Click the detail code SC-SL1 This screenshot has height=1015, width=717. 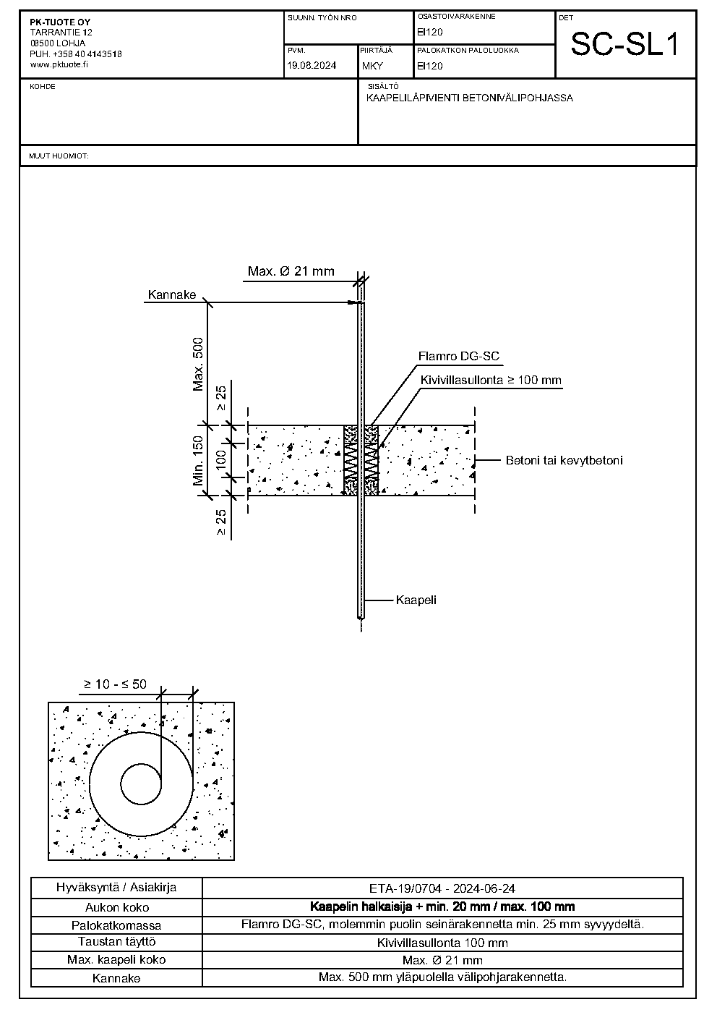(625, 44)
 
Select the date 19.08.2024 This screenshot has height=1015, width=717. (312, 66)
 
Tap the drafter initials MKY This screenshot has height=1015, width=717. (372, 66)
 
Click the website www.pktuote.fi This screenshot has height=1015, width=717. (59, 64)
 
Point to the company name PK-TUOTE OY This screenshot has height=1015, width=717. (60, 22)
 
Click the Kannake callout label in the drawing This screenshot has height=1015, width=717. (172, 294)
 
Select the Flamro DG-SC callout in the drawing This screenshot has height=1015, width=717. (458, 356)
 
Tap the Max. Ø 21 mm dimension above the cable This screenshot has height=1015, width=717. (291, 271)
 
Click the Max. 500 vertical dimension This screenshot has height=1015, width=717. (198, 365)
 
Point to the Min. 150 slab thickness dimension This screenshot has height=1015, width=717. (198, 460)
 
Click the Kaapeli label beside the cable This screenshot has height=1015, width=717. (416, 600)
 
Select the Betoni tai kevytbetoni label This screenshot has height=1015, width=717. (564, 460)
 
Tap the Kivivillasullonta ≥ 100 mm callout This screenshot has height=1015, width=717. (491, 380)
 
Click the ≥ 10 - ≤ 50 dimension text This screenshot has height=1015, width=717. (115, 684)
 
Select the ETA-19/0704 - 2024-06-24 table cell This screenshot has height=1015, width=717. (442, 888)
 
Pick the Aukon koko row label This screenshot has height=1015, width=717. (117, 907)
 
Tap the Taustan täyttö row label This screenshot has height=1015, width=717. (117, 942)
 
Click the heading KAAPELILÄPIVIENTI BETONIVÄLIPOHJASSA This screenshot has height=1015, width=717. (469, 98)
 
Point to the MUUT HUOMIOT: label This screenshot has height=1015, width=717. (59, 156)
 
